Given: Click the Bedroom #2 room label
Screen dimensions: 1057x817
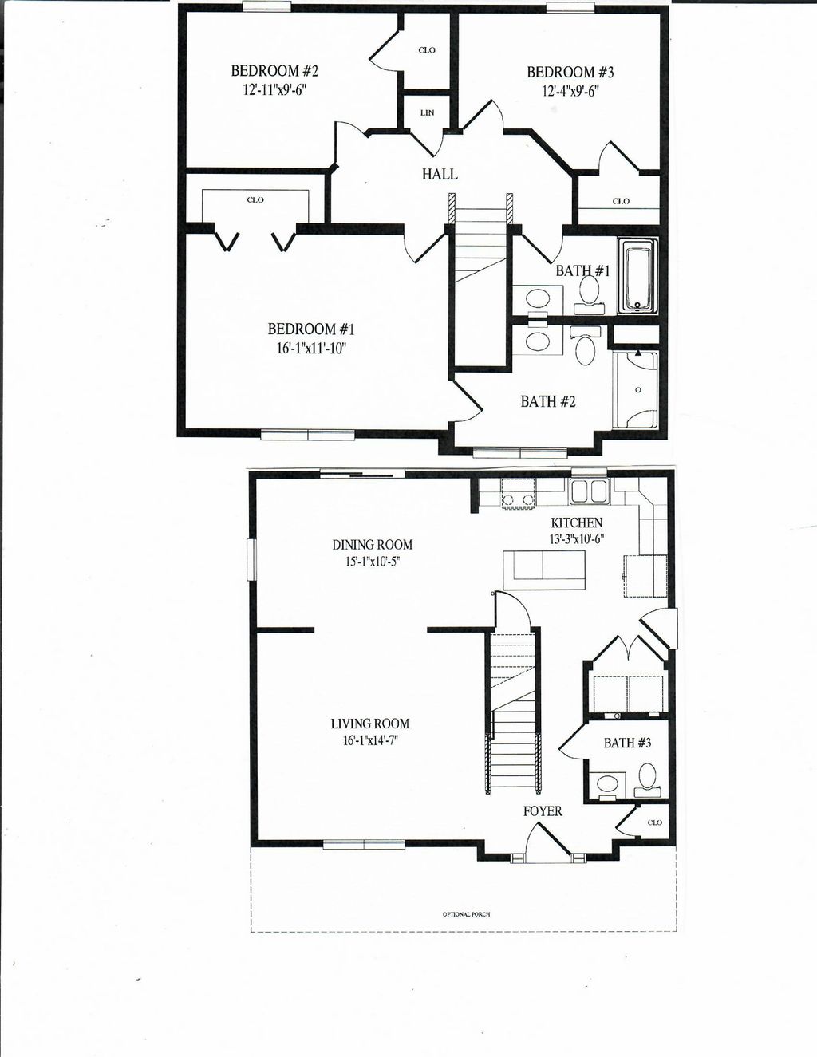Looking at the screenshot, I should pyautogui.click(x=274, y=71).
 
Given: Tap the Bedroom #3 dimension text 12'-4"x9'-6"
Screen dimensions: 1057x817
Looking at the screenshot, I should pyautogui.click(x=570, y=91).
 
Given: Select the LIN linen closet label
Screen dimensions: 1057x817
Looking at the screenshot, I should pyautogui.click(x=427, y=113).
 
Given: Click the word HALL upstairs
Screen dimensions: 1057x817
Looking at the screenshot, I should pyautogui.click(x=440, y=174).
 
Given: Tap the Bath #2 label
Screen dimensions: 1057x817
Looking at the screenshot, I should pyautogui.click(x=547, y=401).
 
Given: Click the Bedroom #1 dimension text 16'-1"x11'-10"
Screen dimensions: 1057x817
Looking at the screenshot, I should pyautogui.click(x=310, y=349).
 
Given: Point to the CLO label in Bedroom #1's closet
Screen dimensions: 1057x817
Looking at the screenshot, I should pyautogui.click(x=255, y=200).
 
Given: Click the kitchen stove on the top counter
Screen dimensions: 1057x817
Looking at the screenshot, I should pyautogui.click(x=518, y=493).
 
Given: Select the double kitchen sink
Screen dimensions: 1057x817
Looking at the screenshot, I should pyautogui.click(x=589, y=491).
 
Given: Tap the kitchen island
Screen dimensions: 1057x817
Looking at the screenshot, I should pyautogui.click(x=543, y=569).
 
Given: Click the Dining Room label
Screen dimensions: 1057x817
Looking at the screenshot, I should pyautogui.click(x=372, y=545).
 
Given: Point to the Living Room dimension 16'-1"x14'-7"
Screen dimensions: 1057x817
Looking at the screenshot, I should pyautogui.click(x=369, y=741).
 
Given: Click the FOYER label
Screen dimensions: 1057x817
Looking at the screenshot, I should pyautogui.click(x=543, y=811).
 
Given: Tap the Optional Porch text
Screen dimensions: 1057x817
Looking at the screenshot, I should pyautogui.click(x=466, y=913).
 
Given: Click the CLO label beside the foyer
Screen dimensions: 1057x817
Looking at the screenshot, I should pyautogui.click(x=654, y=822).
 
